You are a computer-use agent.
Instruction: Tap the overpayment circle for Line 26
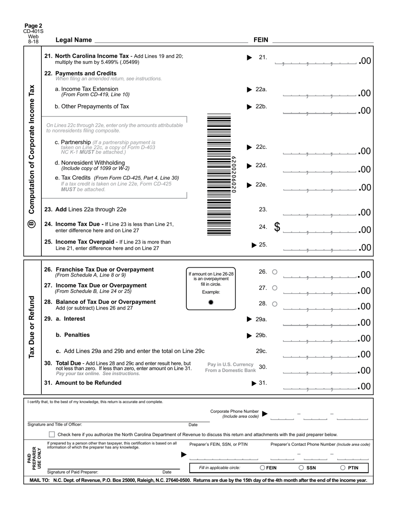coord(275,272)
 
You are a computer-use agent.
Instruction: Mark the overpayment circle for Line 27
coord(275,288)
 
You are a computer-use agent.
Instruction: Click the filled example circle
coord(211,302)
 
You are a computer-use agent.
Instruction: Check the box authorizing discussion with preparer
coord(52,434)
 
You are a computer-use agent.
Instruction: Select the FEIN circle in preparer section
coord(263,468)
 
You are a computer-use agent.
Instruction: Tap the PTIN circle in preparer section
coord(343,468)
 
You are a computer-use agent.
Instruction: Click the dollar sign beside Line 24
coord(277,227)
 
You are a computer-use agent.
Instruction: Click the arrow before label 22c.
coord(249,147)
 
